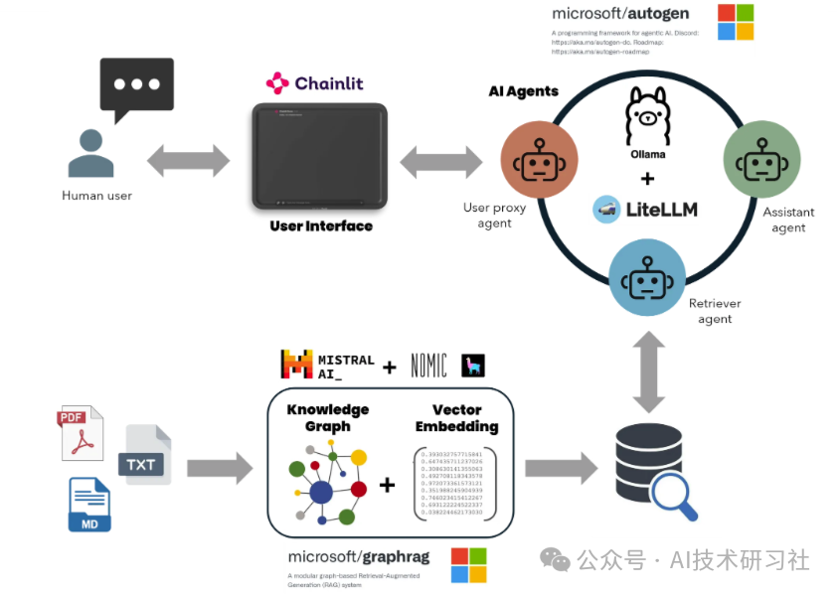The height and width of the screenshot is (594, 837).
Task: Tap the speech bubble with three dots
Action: [136, 86]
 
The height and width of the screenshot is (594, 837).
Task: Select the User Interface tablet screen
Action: [319, 155]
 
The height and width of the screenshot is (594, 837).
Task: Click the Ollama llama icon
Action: [647, 115]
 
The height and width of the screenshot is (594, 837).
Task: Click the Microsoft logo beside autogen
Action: [736, 22]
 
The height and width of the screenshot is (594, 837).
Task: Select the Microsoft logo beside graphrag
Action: [469, 565]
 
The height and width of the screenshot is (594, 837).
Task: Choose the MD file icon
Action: [89, 505]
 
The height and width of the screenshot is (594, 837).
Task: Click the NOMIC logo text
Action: [425, 365]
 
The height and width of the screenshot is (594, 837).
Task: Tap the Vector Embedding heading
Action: [457, 417]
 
